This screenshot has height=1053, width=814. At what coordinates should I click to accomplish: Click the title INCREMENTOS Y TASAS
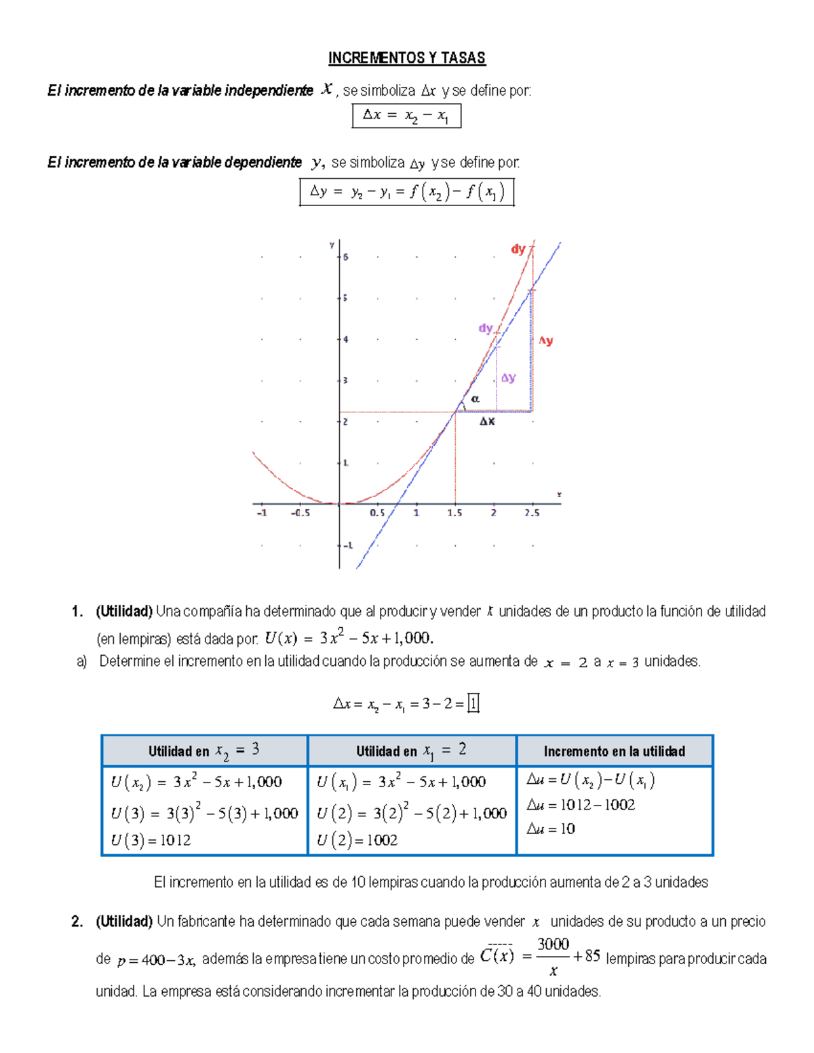point(407,58)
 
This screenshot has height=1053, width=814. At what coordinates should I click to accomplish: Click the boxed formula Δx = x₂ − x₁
point(406,116)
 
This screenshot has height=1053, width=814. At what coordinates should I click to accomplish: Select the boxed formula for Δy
point(407,192)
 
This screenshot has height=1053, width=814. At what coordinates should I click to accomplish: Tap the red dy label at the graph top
point(518,250)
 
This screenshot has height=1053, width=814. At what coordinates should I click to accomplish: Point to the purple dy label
point(486,328)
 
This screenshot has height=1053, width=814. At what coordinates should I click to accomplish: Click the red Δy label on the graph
point(546,341)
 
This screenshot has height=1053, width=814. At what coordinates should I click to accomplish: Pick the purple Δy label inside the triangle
point(508,378)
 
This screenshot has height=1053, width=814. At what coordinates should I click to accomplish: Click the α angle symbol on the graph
point(475,399)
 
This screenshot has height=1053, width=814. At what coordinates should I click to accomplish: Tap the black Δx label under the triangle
point(487,422)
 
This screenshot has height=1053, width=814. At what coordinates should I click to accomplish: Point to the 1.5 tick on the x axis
point(454,513)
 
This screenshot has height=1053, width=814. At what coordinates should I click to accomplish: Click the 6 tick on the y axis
point(345,257)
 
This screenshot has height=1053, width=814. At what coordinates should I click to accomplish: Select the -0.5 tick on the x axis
point(301,513)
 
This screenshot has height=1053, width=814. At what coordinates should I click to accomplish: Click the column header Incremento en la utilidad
point(614,751)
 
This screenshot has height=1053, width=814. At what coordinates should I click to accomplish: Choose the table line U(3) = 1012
point(151,840)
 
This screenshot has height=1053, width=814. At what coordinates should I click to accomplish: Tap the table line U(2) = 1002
point(357,840)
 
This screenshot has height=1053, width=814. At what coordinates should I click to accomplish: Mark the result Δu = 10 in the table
point(551,829)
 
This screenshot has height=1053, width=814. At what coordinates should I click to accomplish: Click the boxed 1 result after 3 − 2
point(473,704)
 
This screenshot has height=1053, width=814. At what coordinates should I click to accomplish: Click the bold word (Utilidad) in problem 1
point(124,612)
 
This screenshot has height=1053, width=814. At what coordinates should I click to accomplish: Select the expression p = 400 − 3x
point(156,960)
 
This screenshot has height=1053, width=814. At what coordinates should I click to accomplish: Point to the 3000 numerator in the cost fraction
point(553,944)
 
